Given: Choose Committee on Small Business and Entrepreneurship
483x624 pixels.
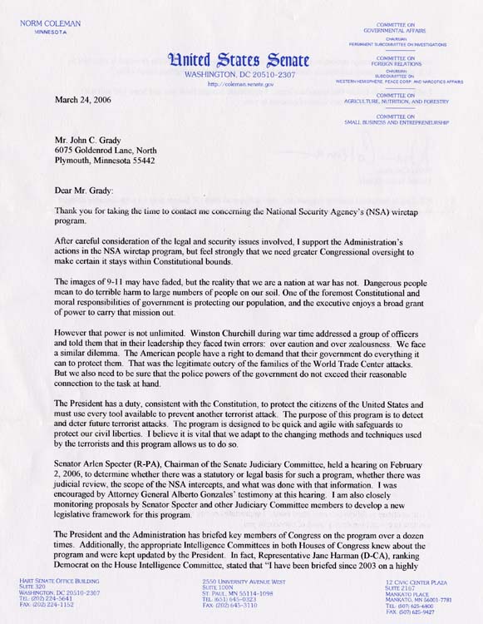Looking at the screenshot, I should [x=396, y=119].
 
